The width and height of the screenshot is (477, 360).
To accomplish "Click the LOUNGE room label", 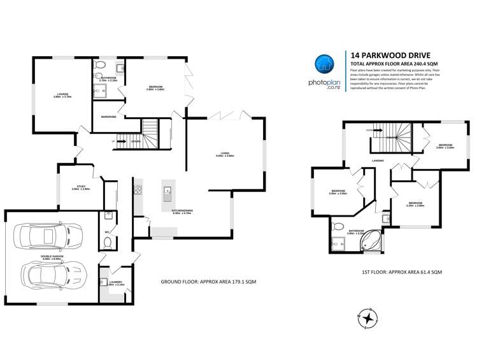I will point(62,95).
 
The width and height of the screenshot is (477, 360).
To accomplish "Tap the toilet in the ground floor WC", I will point(108,242).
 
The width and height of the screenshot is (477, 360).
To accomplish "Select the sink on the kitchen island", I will point(167,191).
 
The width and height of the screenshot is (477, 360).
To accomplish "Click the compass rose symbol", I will point(368,316).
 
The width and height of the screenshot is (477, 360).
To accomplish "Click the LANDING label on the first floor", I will point(377,161).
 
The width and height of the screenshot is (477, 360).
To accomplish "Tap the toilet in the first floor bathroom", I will point(338,224).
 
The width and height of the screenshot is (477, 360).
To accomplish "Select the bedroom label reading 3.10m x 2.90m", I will point(415,205).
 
